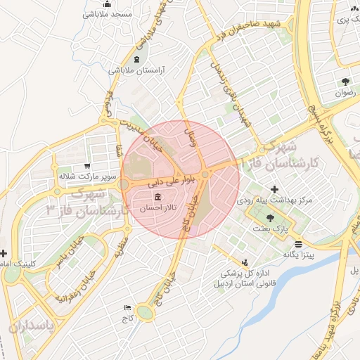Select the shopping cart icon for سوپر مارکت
(86, 166)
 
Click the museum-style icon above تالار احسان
(157, 197)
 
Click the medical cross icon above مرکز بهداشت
(274, 189)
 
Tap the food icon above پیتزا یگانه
(300, 244)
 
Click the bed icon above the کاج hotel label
(127, 307)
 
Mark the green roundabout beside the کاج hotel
(146, 312)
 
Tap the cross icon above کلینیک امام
(4, 253)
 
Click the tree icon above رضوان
(345, 82)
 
